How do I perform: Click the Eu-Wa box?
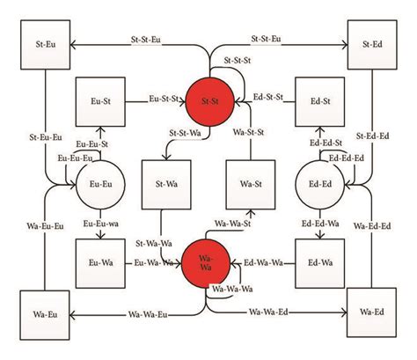(x=98, y=262)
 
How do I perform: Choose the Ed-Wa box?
(x=316, y=262)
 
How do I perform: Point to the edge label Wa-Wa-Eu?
(x=150, y=313)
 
